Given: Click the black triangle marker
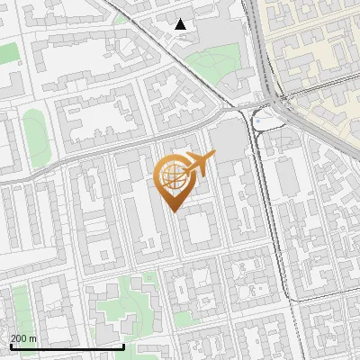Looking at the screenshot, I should click(181, 24).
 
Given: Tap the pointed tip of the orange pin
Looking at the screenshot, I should click(175, 210).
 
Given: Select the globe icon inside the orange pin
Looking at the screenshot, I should click(174, 176).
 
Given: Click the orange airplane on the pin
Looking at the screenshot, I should click(199, 163).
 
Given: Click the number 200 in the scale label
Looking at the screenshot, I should click(19, 337).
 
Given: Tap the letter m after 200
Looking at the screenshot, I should click(32, 337).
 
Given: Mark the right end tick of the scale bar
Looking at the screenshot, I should click(123, 346).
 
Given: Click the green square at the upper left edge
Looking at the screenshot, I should click(8, 53).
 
